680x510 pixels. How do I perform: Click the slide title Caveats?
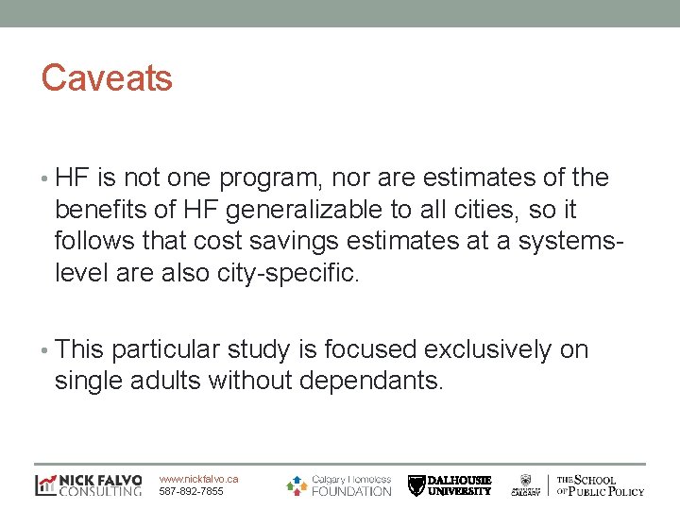[x=107, y=77]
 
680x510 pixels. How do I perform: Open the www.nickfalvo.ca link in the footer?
[x=199, y=479]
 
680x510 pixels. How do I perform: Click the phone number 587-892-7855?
[x=192, y=491]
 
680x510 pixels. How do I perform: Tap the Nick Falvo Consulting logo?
[x=88, y=484]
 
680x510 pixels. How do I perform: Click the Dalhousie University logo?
[x=450, y=484]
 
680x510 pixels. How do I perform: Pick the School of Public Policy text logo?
[x=600, y=484]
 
